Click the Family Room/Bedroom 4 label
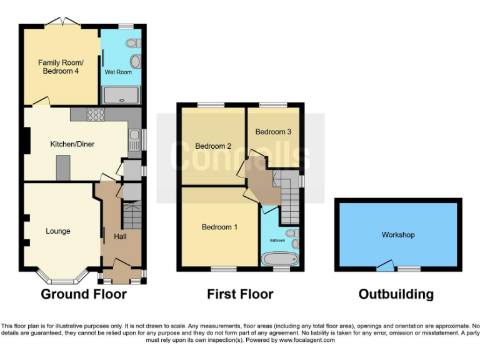pyautogui.click(x=61, y=67)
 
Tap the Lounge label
pyautogui.click(x=58, y=231)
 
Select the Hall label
pyautogui.click(x=121, y=237)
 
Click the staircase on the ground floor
pyautogui.click(x=132, y=215)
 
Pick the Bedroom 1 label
pyautogui.click(x=219, y=227)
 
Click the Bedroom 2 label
pyautogui.click(x=213, y=146)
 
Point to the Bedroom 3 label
pyautogui.click(x=273, y=132)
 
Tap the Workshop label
pyautogui.click(x=398, y=235)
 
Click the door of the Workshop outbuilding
pyautogui.click(x=386, y=267)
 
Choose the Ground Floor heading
pyautogui.click(x=84, y=294)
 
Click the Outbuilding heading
pyautogui.click(x=396, y=294)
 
